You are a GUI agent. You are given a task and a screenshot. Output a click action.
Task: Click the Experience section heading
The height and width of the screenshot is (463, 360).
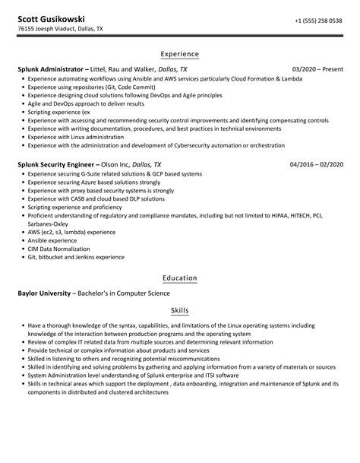[179, 54]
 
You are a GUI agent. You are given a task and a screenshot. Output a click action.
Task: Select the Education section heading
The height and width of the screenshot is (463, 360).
[179, 278]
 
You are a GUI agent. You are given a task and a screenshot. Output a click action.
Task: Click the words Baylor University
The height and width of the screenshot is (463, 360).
[44, 293]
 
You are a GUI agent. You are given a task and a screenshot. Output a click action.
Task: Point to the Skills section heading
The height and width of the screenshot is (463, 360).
[179, 311]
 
